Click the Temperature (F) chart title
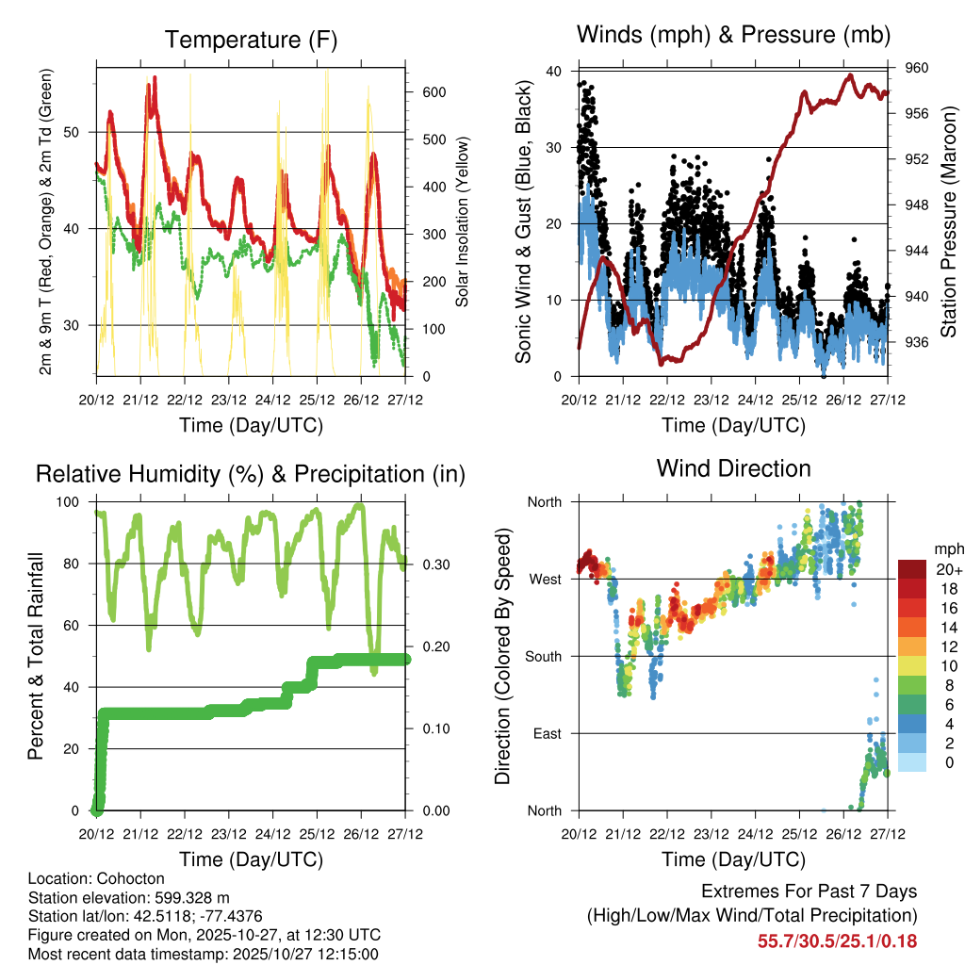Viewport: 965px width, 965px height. (250, 40)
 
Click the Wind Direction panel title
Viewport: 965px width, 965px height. (733, 468)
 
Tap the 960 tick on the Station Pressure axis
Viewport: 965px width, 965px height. (917, 68)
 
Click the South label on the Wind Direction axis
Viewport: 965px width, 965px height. (544, 656)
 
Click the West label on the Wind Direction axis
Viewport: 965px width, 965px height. (546, 579)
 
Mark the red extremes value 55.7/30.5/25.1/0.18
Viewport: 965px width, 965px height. (837, 940)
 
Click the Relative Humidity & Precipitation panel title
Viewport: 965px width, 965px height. (250, 474)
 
